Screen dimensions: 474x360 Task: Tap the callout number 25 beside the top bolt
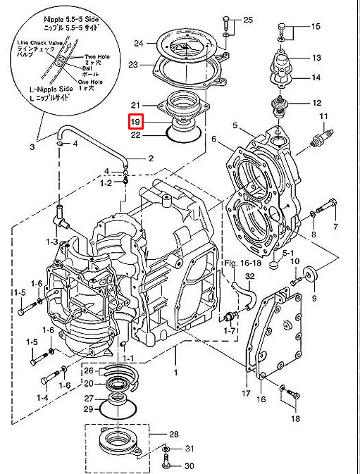click(247, 20)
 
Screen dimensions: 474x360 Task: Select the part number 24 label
click(139, 43)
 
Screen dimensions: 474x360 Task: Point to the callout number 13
click(316, 57)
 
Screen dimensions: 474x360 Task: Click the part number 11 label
click(324, 116)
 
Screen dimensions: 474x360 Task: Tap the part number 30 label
click(189, 466)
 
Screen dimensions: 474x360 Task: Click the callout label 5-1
click(289, 251)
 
